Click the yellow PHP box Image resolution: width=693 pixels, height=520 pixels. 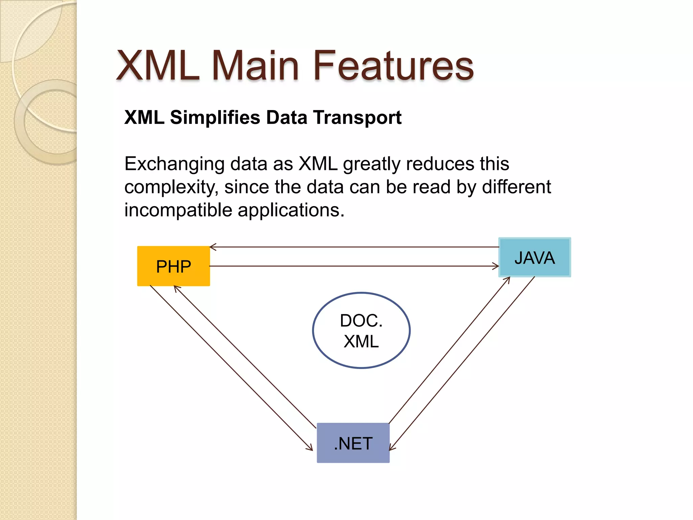(173, 266)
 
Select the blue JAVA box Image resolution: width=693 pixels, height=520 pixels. (535, 257)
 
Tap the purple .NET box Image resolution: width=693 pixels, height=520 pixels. (353, 443)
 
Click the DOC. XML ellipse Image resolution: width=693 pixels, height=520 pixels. (361, 330)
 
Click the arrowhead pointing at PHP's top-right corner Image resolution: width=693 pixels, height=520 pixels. (212, 247)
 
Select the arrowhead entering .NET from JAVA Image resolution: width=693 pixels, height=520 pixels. (392, 448)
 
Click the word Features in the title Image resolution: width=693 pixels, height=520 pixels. (394, 66)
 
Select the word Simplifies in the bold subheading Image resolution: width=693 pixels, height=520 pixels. (215, 118)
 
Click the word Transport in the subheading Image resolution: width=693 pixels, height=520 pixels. (357, 118)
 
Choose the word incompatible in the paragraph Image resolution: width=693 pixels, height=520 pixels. (178, 210)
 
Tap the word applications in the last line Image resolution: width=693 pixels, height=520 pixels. (290, 210)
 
